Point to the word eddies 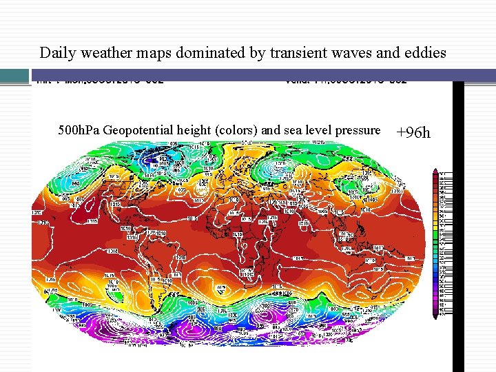pos(426,52)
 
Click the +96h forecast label pos(414,132)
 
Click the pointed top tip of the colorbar pos(435,170)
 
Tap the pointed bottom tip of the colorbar pos(435,319)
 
